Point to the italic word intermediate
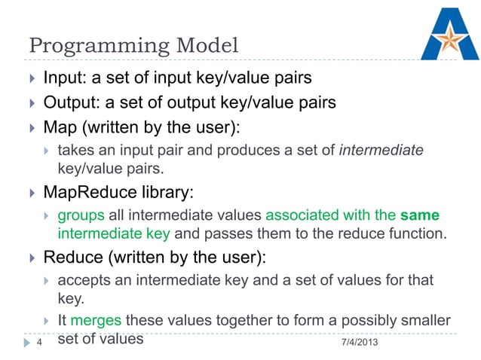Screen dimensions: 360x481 [381, 151]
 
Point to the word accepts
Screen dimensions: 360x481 [81, 281]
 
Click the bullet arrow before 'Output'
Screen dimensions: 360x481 [32, 102]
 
